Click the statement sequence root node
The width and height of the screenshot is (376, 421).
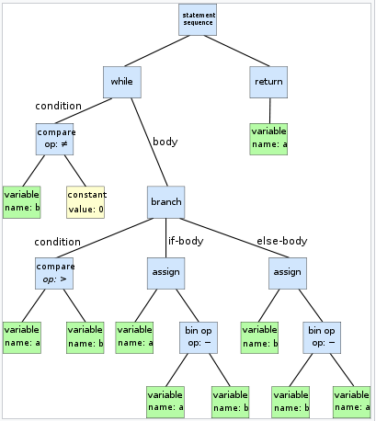[x=198, y=20]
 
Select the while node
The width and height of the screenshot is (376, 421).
[x=121, y=82]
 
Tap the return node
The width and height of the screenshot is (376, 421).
[x=268, y=82]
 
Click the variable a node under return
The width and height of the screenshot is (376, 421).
[x=268, y=139]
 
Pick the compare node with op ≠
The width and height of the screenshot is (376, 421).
[x=56, y=139]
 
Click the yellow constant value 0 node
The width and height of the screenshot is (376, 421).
[x=85, y=201]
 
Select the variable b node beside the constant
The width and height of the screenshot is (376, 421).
[x=21, y=201]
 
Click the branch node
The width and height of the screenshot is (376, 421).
[x=165, y=201]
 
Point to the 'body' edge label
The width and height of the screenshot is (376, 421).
[x=165, y=142]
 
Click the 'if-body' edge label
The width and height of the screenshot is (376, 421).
[x=184, y=241]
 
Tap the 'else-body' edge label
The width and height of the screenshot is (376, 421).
[x=281, y=241]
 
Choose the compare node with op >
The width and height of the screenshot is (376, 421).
[x=56, y=272]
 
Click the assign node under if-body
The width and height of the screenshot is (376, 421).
[x=165, y=272]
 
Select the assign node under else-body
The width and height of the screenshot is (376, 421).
[x=287, y=272]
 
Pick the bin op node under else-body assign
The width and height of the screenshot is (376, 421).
[x=322, y=336]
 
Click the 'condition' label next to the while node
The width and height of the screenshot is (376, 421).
[x=58, y=106]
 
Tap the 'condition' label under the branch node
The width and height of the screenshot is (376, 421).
[x=57, y=242]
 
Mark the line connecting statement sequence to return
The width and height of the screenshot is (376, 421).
[x=235, y=52]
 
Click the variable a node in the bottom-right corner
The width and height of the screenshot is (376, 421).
[x=351, y=401]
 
